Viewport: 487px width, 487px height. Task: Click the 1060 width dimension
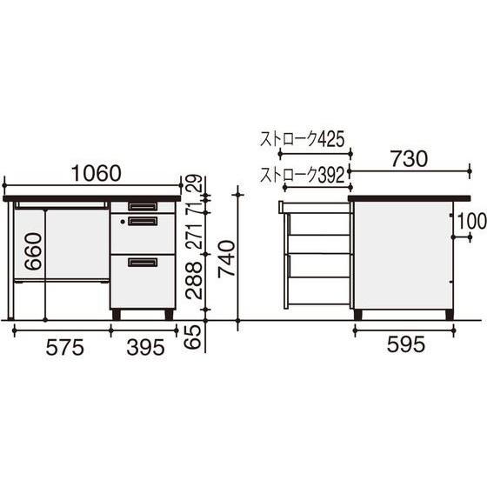[96, 174]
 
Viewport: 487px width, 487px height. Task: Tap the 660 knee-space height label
[34, 251]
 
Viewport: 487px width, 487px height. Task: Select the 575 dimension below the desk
[65, 347]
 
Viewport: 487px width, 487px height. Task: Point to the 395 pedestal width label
[145, 347]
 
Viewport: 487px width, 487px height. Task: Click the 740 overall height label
[227, 259]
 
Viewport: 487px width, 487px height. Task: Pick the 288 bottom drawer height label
[194, 280]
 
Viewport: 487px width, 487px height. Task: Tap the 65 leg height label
[194, 337]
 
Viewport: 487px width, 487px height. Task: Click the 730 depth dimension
[409, 159]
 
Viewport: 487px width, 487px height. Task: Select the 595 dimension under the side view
[405, 344]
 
